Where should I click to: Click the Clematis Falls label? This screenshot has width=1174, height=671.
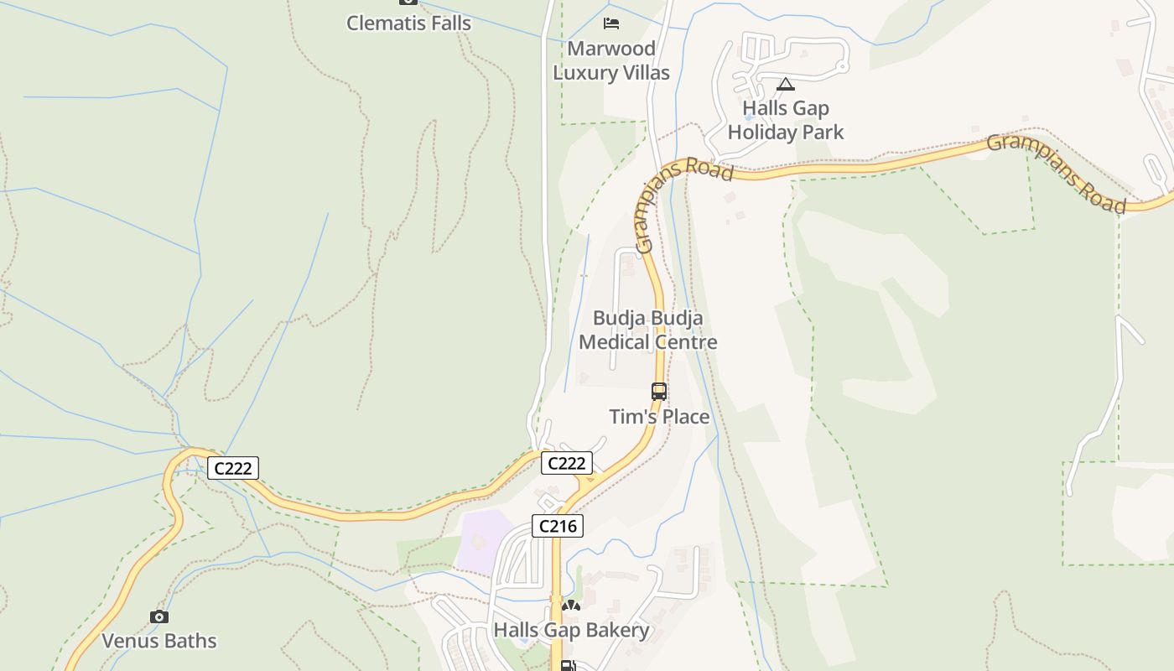pos(408,23)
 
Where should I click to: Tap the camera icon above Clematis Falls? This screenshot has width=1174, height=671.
pos(408,2)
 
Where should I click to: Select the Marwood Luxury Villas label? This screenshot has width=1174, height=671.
pos(611,60)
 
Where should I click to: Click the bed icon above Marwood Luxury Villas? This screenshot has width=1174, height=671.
pos(611,22)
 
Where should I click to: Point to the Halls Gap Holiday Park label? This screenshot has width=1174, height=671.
pos(786,120)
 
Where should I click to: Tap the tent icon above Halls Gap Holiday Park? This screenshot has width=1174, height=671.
pos(785,84)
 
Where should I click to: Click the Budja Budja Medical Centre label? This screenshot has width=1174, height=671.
pos(647,330)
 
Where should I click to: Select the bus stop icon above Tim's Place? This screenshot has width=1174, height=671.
pos(659,391)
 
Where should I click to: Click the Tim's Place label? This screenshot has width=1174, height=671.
pos(659,417)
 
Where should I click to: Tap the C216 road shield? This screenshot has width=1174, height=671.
pos(558,527)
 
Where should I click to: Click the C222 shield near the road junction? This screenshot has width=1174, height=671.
pos(566,463)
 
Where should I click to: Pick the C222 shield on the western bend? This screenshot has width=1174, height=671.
pos(233,468)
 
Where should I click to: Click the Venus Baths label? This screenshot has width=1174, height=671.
pos(159,641)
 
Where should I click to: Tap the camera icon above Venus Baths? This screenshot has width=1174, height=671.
pos(159,617)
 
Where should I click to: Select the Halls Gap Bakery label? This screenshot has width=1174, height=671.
pos(571,630)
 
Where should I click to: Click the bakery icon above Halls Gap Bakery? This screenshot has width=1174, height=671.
pos(571,606)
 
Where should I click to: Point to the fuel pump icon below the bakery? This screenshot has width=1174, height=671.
pos(568,666)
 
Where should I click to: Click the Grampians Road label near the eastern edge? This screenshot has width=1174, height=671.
pos(1057,174)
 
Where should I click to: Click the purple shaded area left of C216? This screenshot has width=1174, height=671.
pos(482,540)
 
